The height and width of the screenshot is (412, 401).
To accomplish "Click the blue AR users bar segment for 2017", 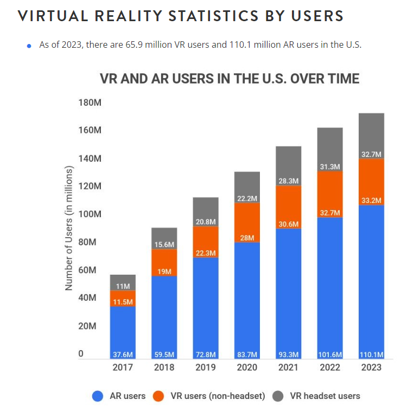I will pyautogui.click(x=123, y=326).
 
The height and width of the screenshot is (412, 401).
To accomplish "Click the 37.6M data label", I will pyautogui.click(x=123, y=354).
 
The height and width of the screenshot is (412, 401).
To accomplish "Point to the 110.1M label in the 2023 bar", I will pyautogui.click(x=371, y=354).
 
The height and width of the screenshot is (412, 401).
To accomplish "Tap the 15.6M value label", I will pyautogui.click(x=164, y=245).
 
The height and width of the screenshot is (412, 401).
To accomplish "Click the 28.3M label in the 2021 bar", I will pyautogui.click(x=289, y=181).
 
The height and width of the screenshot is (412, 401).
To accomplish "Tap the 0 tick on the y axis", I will pyautogui.click(x=81, y=354).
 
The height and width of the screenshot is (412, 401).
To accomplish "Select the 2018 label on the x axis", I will pyautogui.click(x=164, y=367).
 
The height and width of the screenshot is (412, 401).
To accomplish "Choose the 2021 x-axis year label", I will pyautogui.click(x=288, y=367).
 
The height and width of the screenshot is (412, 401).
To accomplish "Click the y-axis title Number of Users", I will pyautogui.click(x=69, y=228).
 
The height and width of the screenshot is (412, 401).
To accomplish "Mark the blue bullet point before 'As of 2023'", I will pyautogui.click(x=29, y=46).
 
